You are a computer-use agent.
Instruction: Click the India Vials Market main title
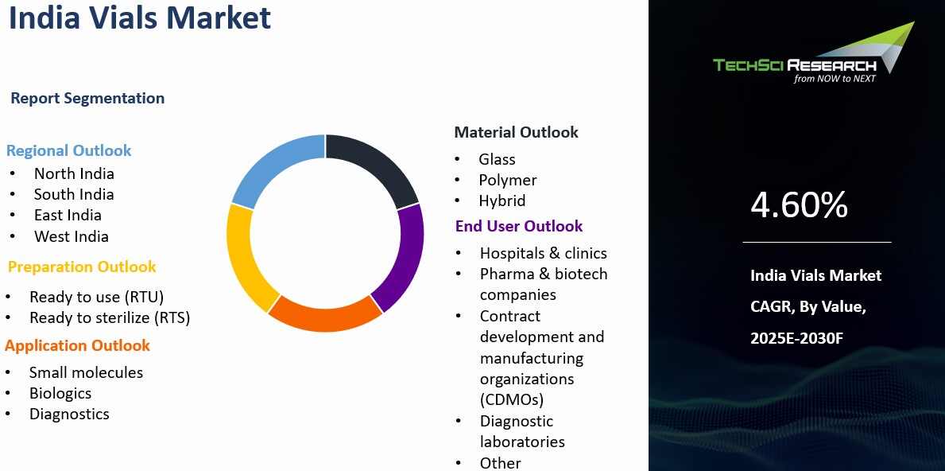pyautogui.click(x=140, y=18)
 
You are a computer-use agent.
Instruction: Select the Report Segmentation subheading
pyautogui.click(x=87, y=99)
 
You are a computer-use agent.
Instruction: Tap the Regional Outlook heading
pyautogui.click(x=68, y=151)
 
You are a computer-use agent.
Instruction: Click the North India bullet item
pyautogui.click(x=74, y=173)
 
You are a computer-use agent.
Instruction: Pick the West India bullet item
pyautogui.click(x=71, y=236)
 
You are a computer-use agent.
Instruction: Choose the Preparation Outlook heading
pyautogui.click(x=82, y=267)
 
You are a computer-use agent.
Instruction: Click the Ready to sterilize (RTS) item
pyautogui.click(x=110, y=317)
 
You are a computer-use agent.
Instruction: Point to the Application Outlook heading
pyautogui.click(x=77, y=345)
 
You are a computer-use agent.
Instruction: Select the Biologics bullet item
pyautogui.click(x=60, y=394)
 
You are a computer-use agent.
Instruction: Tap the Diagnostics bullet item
pyautogui.click(x=69, y=415)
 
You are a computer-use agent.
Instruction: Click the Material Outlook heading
pyautogui.click(x=517, y=133)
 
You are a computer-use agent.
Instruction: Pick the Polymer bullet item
pyautogui.click(x=507, y=181)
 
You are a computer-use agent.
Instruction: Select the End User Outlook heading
pyautogui.click(x=519, y=226)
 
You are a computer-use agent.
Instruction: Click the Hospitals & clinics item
pyautogui.click(x=544, y=253)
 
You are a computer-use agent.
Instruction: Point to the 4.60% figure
pyautogui.click(x=799, y=204)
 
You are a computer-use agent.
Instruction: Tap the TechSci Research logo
pyautogui.click(x=814, y=53)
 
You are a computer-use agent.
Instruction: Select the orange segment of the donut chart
pyautogui.click(x=325, y=314)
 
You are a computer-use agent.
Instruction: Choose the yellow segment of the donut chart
pyautogui.click(x=246, y=258)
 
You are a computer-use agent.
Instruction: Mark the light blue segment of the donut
pyautogui.click(x=271, y=163)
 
